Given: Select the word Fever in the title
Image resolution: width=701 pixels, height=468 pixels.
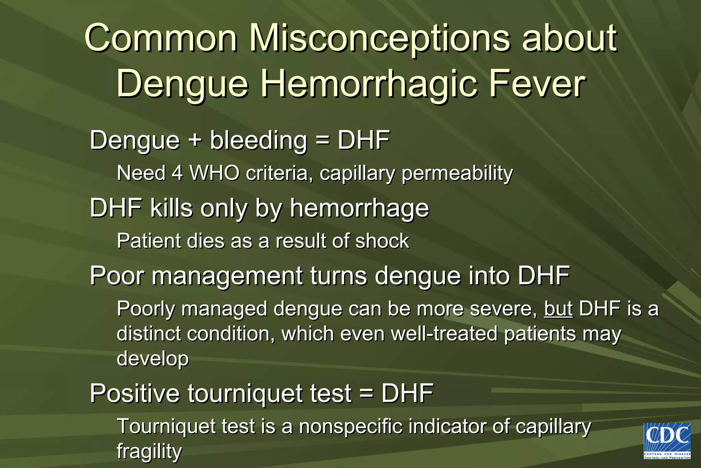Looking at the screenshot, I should point(537,84).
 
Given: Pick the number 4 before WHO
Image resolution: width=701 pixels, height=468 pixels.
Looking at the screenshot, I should point(177,173).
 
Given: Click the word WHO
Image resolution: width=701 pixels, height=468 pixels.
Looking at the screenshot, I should point(215,173).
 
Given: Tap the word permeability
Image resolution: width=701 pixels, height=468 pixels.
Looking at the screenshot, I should point(457,173).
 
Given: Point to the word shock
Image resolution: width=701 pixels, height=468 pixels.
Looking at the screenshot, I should point(382,241).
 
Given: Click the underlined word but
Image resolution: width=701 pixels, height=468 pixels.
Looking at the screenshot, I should point(558,308).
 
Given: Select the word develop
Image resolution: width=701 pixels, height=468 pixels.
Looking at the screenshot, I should point(153,359).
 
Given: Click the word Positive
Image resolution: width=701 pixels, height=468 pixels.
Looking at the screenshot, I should point(135,393).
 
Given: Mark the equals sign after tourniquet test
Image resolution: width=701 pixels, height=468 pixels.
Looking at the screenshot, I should point(366,393).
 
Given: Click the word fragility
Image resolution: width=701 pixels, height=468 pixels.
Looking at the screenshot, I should point(149,452).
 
